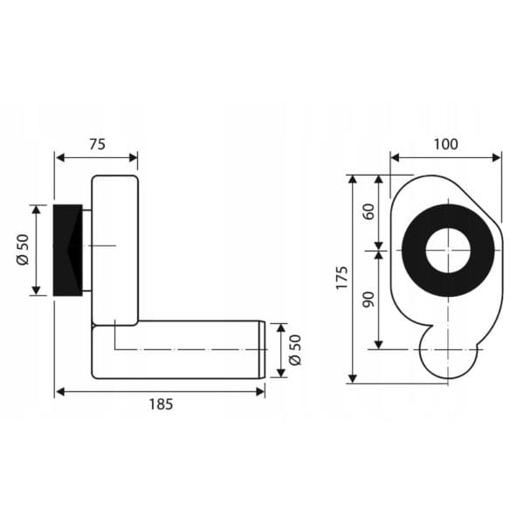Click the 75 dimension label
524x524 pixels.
(x=97, y=144)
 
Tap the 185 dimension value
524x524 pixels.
(x=161, y=404)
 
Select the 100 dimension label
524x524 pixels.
(x=445, y=144)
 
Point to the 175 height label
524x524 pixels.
(x=342, y=278)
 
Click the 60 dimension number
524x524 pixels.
(x=369, y=211)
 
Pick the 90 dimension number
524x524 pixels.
(x=369, y=300)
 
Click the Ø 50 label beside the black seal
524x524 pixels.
(x=23, y=250)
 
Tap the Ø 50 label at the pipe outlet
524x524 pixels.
(x=295, y=350)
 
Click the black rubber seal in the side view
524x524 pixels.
(x=68, y=250)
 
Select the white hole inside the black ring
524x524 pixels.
(x=448, y=250)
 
